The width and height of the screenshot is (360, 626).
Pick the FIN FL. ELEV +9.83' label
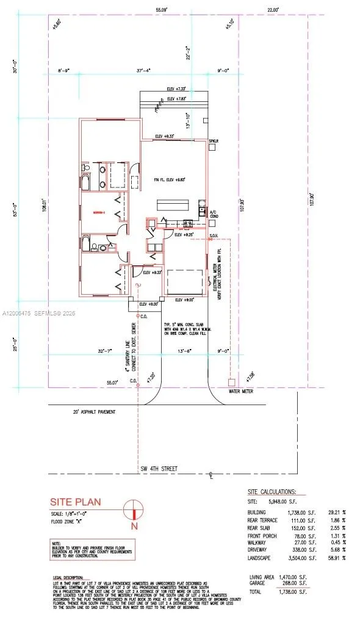[168, 179]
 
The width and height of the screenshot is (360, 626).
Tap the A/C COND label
[214, 214]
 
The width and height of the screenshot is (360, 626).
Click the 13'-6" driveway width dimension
[184, 351]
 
